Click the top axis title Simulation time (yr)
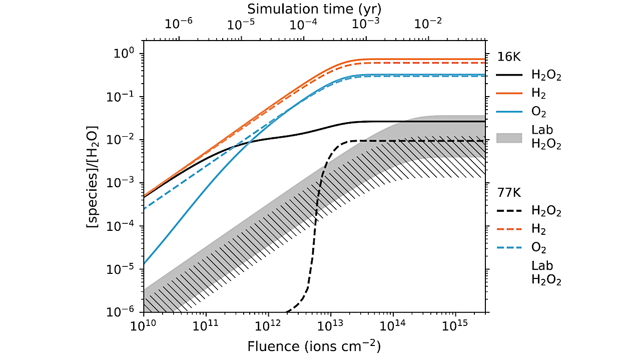314,9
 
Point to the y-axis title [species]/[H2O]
93,183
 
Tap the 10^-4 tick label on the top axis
304,24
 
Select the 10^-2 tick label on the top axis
428,24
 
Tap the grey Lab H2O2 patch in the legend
509,138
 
